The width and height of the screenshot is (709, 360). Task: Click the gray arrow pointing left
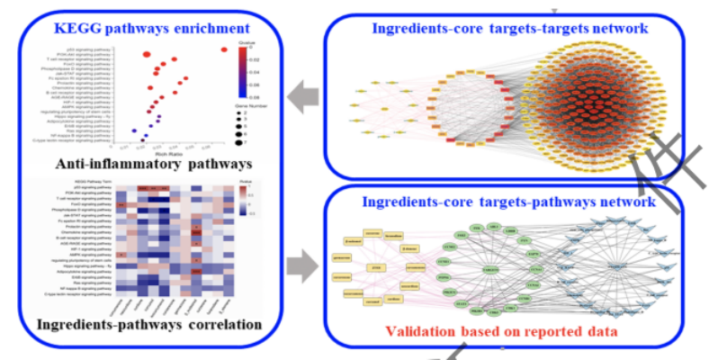tap(303, 94)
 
